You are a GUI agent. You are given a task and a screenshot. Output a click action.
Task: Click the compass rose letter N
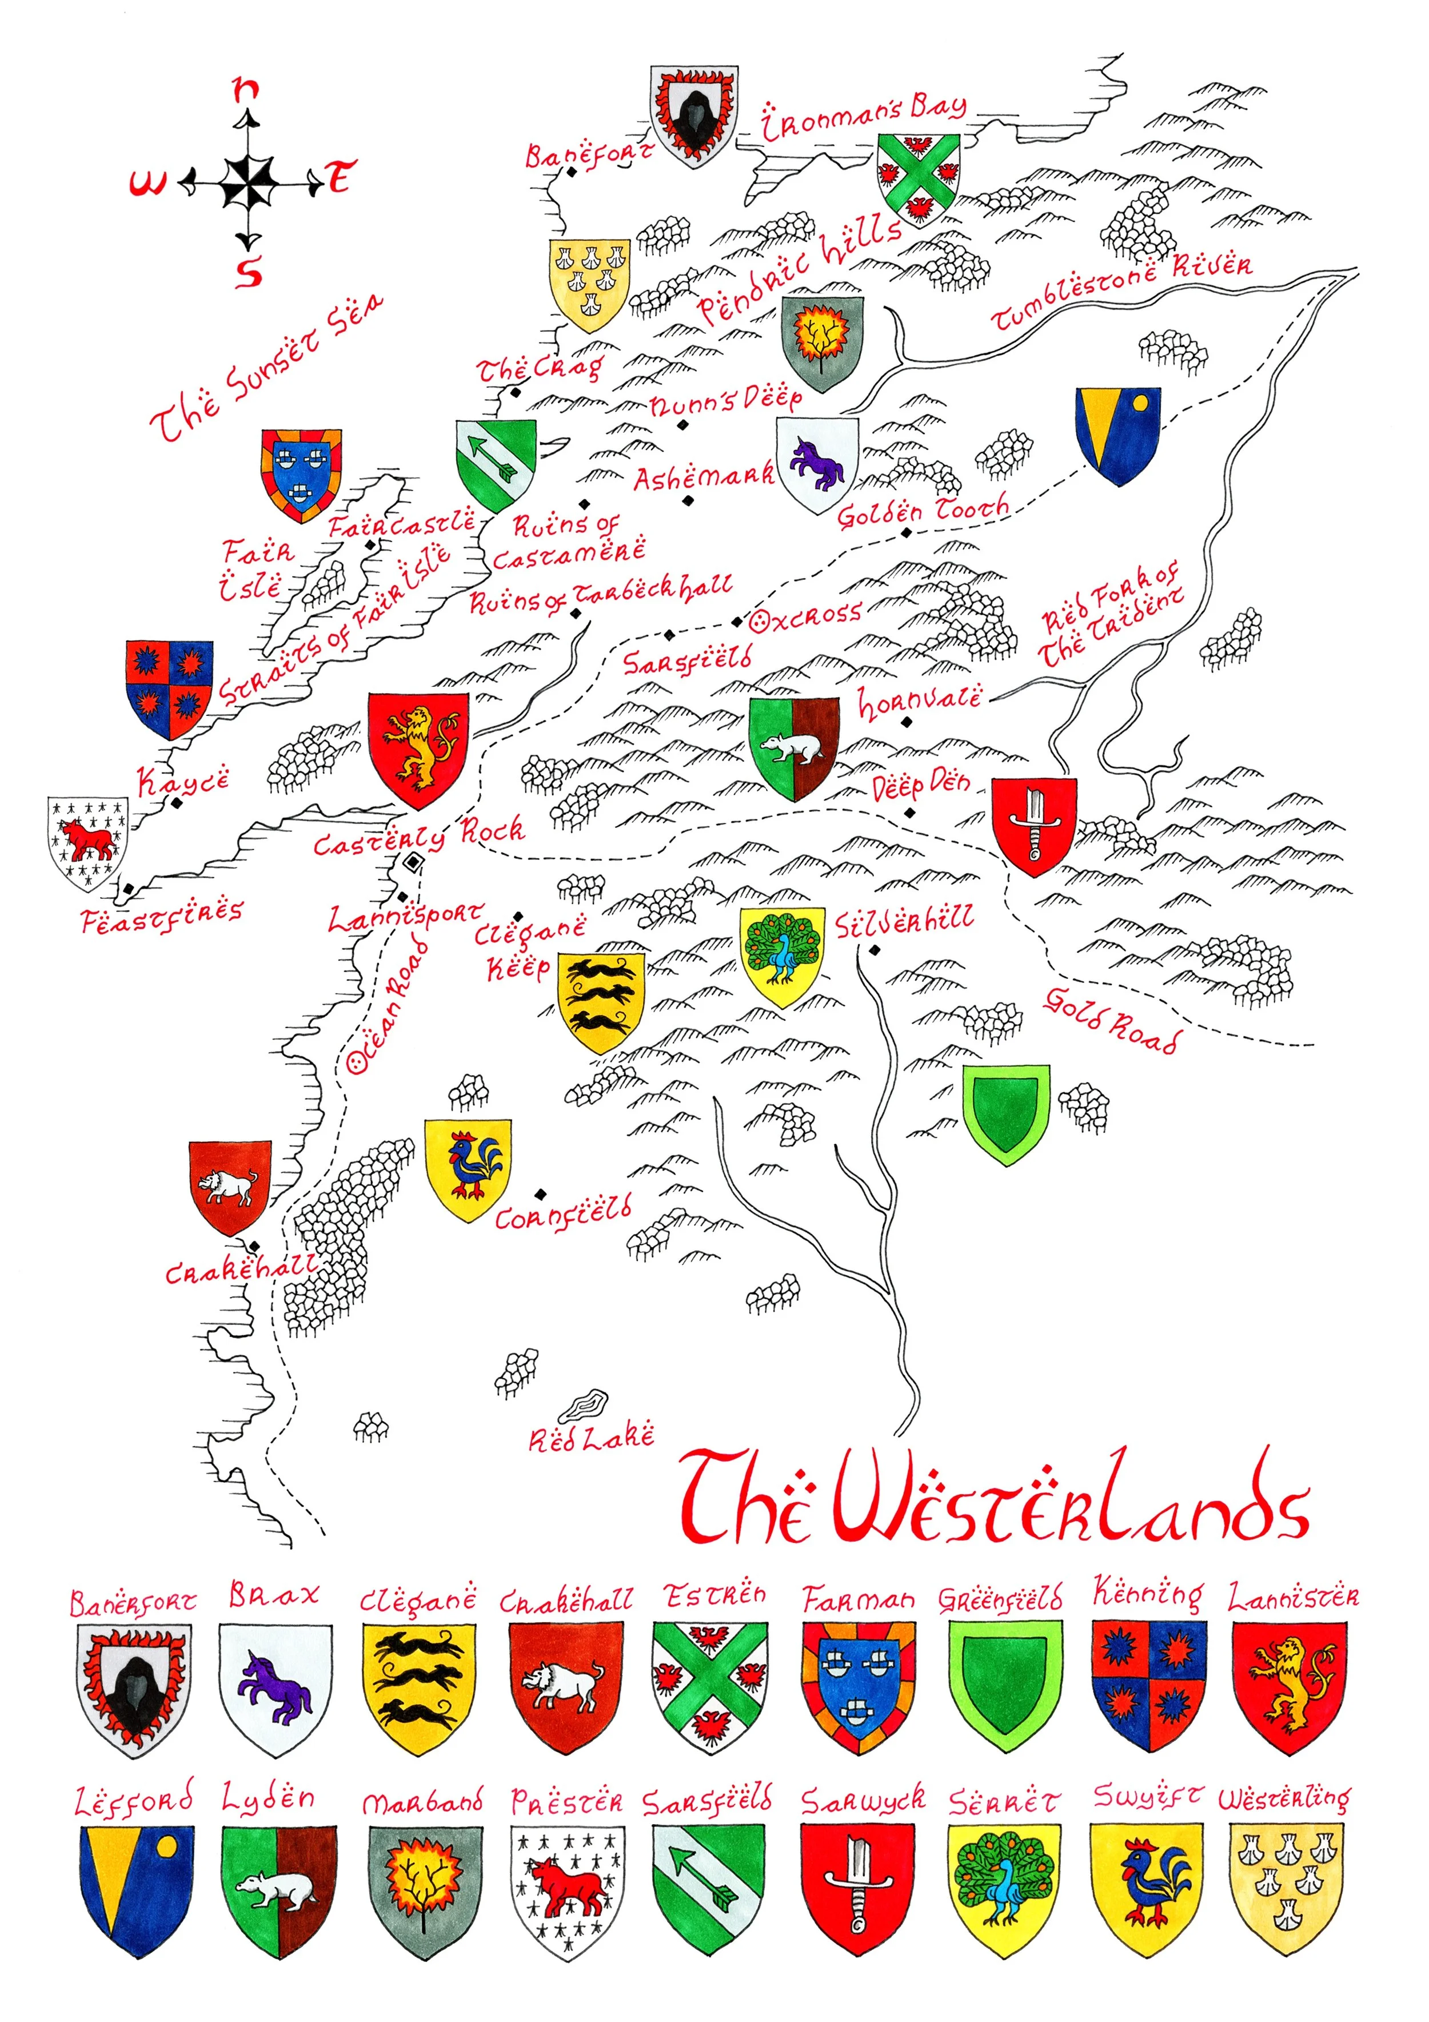tap(246, 89)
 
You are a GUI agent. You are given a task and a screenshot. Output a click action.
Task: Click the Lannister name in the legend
tap(1292, 1597)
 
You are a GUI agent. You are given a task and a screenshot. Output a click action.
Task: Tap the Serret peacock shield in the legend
tap(1005, 1889)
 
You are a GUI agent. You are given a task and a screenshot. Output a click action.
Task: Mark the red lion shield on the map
tap(418, 749)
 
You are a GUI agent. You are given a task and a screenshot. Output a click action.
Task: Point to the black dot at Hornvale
tap(907, 722)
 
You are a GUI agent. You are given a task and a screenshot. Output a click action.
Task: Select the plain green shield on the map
tap(1005, 1112)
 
